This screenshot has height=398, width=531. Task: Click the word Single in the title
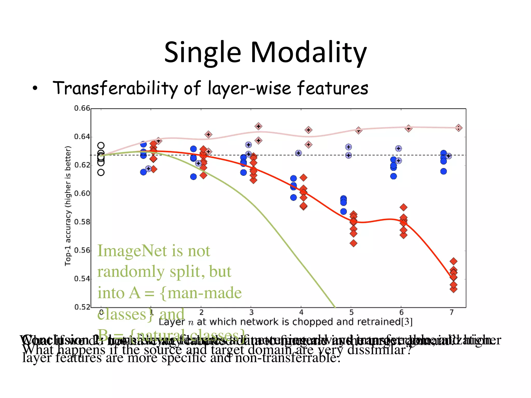[202, 53]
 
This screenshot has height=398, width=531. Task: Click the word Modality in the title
[308, 53]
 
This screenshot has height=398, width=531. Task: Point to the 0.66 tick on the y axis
[82, 108]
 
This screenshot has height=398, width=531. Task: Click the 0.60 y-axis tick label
[82, 194]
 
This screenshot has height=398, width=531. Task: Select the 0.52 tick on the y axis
[82, 307]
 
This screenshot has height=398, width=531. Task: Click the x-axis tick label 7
[451, 312]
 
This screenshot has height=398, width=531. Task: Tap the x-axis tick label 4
[301, 312]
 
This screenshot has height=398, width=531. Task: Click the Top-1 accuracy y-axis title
[68, 206]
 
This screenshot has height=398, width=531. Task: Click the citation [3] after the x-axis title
[407, 322]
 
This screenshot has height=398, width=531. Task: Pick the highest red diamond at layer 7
[453, 261]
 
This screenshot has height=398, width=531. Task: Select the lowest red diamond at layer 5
[353, 243]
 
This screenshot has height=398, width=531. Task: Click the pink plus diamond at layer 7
[458, 128]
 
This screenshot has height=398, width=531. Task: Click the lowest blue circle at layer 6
[393, 176]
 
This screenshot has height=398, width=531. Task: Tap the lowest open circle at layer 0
[101, 172]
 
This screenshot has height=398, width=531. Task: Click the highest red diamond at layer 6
[403, 207]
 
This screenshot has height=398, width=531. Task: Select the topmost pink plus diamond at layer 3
[258, 126]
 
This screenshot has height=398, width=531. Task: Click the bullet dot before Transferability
[35, 89]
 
